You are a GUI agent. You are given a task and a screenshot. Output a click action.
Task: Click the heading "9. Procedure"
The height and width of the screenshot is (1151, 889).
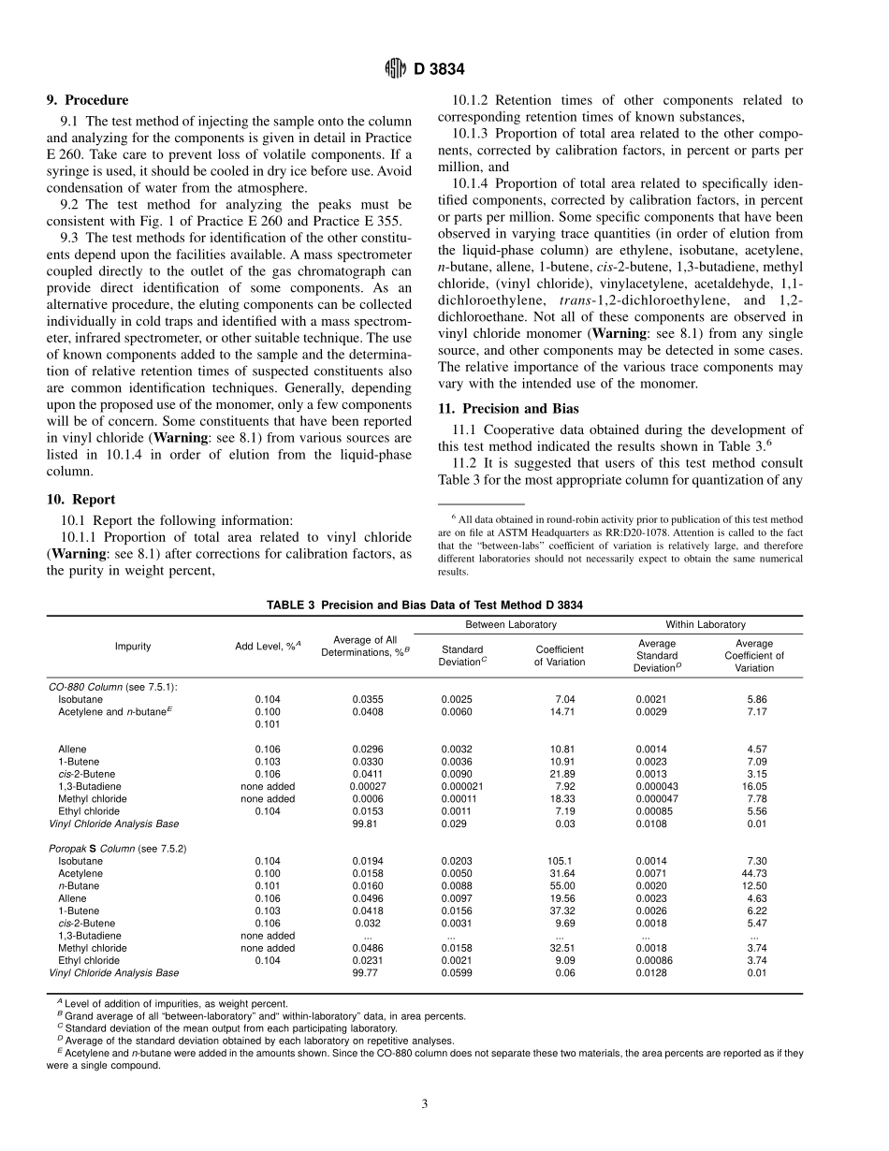tap(88, 100)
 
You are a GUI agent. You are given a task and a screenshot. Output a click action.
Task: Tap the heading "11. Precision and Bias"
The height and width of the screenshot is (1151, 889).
tap(508, 408)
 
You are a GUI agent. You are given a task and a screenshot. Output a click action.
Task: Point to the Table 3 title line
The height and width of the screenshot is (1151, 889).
tap(425, 605)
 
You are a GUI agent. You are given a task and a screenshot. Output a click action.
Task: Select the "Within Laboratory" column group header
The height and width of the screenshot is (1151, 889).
tap(706, 624)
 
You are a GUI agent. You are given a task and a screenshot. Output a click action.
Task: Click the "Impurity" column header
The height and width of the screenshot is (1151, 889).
tap(133, 647)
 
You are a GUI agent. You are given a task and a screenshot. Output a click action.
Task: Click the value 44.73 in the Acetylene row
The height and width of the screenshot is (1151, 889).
tap(757, 873)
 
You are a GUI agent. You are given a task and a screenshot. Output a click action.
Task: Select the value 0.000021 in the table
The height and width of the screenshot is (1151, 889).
tap(462, 786)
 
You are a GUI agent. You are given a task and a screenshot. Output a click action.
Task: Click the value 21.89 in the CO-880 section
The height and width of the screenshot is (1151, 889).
tap(562, 774)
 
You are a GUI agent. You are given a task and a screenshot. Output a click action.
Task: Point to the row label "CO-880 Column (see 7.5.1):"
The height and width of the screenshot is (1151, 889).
tap(113, 687)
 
